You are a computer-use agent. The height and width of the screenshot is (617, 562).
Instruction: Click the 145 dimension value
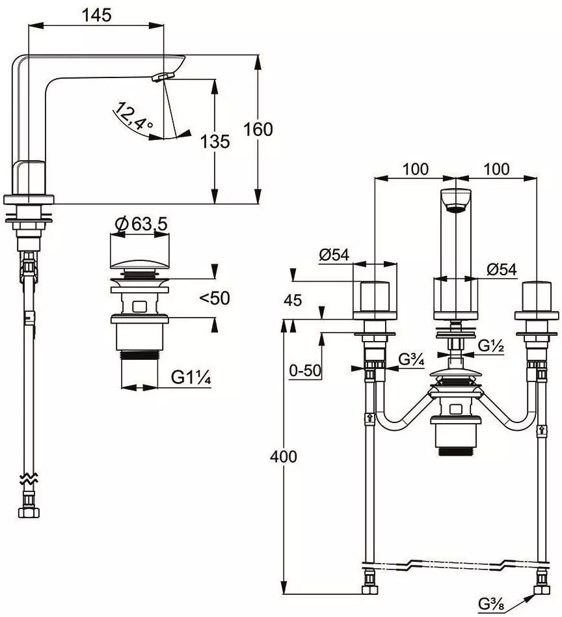click(96, 15)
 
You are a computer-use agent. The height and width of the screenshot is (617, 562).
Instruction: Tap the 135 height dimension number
click(215, 141)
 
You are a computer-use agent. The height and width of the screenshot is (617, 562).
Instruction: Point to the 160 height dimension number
click(258, 130)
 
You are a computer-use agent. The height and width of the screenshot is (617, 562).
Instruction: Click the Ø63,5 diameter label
click(142, 225)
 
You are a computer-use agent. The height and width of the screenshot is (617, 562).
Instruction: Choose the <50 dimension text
click(215, 298)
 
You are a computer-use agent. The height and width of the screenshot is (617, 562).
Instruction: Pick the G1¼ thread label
click(191, 377)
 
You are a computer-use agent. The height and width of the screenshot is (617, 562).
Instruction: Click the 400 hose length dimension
click(283, 456)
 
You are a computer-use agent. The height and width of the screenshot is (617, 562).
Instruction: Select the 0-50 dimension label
click(305, 370)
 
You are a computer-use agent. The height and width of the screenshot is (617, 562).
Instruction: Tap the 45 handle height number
click(293, 300)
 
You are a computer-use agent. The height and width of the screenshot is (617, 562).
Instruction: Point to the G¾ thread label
click(412, 360)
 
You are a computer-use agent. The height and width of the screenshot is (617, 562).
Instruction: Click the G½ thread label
click(491, 346)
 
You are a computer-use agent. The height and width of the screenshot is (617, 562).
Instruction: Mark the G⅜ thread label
click(492, 603)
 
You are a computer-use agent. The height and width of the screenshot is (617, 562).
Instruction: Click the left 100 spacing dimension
click(415, 169)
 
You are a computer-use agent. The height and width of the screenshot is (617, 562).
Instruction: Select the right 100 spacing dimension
click(496, 169)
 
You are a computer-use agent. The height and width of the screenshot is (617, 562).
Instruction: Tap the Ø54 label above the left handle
click(334, 255)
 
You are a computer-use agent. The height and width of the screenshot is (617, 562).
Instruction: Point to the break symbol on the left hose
click(29, 478)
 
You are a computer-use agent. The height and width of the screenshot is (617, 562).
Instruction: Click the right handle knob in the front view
click(537, 296)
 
